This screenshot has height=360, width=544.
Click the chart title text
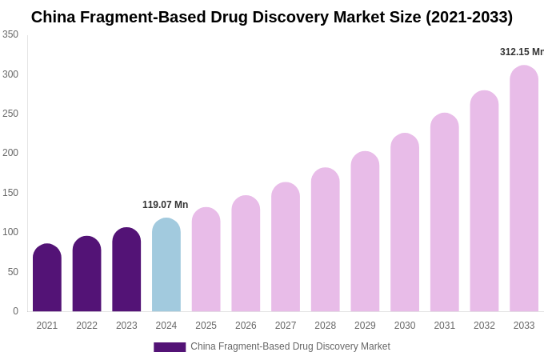pos(272,17)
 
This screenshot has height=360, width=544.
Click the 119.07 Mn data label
pos(165,205)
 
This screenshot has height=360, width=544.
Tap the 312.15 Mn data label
pos(522,52)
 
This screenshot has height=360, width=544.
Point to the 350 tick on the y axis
pos(10,34)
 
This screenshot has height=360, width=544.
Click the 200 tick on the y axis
pos(10,153)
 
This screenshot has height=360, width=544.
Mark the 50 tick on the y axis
pos(13,272)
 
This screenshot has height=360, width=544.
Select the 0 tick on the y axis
pos(15,311)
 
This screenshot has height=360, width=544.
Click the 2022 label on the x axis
pos(86,326)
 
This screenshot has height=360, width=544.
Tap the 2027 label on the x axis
pos(286,326)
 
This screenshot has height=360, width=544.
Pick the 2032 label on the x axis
pos(484,326)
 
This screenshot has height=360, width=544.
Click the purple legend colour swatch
pos(170,347)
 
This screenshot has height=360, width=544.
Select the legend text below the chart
pos(290,346)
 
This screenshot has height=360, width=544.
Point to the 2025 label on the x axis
pos(206,326)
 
